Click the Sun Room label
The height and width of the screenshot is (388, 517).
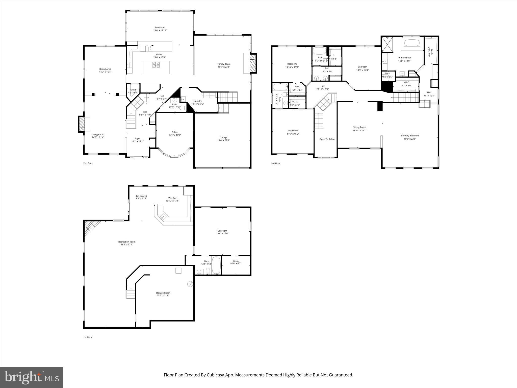click(x=160, y=28)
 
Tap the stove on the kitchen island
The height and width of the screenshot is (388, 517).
click(x=156, y=65)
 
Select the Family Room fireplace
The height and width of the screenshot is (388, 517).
click(x=253, y=63)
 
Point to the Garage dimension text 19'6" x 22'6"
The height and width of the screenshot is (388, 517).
click(x=223, y=140)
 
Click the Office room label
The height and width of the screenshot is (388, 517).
click(x=175, y=132)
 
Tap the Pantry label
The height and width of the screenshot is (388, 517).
click(x=133, y=90)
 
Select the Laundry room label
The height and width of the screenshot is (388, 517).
click(x=197, y=101)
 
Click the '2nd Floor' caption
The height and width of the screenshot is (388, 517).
click(x=88, y=163)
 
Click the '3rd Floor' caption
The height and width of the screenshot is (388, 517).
click(x=276, y=163)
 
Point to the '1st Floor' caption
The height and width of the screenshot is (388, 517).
click(x=88, y=337)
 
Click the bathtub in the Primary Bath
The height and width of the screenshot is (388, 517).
click(x=412, y=43)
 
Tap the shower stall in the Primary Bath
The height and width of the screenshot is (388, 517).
click(x=387, y=44)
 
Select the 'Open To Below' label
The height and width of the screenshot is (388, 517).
click(x=327, y=139)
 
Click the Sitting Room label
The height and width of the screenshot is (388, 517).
click(x=359, y=127)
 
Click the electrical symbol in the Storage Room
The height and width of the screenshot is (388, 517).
click(x=190, y=284)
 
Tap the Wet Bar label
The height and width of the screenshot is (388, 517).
click(x=172, y=198)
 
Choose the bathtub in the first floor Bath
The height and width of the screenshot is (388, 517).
click(x=216, y=265)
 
